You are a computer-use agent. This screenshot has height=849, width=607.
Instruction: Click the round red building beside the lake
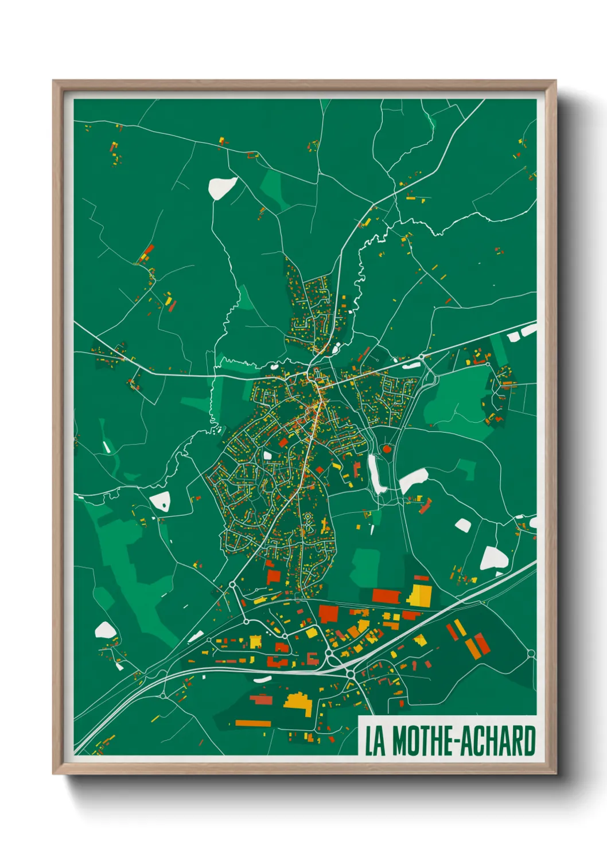click(x=387, y=449)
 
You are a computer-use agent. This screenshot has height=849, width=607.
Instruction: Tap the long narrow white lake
click(x=376, y=474)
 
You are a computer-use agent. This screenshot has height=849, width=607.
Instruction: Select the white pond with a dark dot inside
click(x=161, y=501)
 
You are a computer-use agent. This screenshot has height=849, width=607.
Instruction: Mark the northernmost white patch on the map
click(x=222, y=186)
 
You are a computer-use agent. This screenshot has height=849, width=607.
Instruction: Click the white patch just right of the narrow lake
click(x=413, y=480)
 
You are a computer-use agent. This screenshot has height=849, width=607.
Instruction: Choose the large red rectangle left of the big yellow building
click(x=386, y=595)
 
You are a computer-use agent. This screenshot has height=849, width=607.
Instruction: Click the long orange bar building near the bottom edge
click(x=252, y=723)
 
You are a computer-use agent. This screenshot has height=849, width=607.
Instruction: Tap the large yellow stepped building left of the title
click(x=299, y=703)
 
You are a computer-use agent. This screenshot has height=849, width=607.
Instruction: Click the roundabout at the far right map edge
click(x=531, y=653)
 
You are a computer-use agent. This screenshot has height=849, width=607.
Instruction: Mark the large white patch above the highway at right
click(x=493, y=558)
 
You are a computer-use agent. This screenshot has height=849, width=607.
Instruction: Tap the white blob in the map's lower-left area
click(x=104, y=630)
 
